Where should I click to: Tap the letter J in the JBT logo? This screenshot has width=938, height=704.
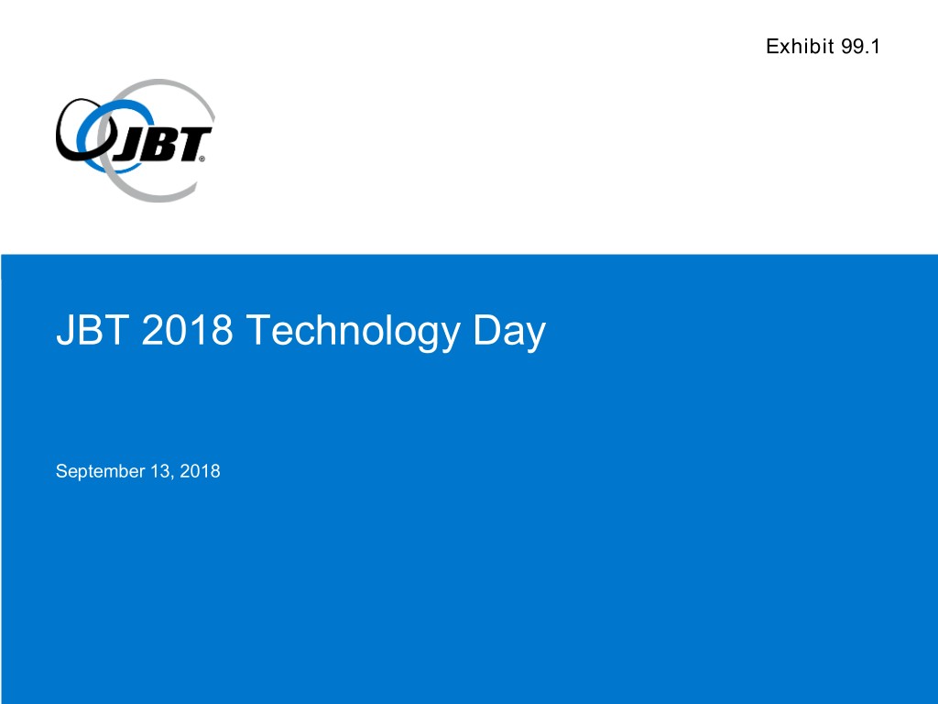pos(128,146)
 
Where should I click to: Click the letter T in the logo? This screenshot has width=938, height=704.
pos(191,144)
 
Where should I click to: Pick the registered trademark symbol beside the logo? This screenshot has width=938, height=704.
pos(202,159)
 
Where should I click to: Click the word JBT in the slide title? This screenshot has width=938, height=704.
pos(93,330)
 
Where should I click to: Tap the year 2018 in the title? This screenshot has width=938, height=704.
pos(187,330)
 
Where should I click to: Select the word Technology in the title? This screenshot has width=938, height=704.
pos(353,332)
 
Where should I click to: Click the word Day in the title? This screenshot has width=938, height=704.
pos(509,332)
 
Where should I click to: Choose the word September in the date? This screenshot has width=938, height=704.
pos(101,472)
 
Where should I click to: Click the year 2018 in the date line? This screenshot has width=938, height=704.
pos(200,471)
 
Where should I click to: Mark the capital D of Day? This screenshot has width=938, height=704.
pos(486,330)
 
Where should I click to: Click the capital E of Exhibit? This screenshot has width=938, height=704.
pos(772,46)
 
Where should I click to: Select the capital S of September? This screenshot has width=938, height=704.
pos(61,471)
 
